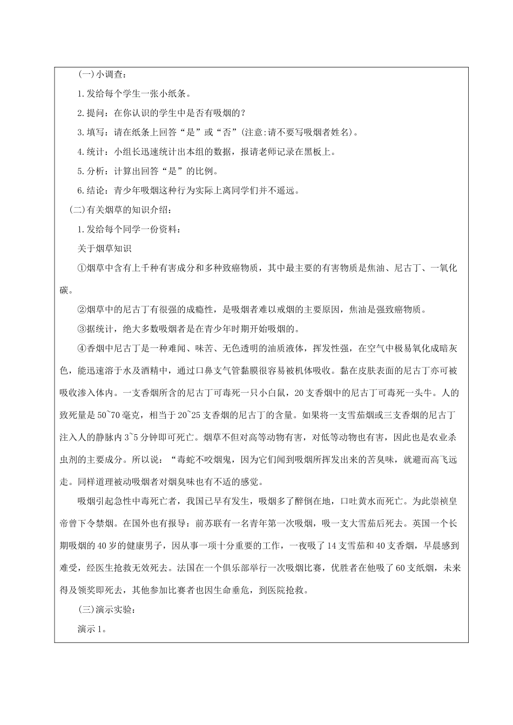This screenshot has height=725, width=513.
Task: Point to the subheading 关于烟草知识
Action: [104, 248]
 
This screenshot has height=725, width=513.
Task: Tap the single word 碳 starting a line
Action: [64, 290]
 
